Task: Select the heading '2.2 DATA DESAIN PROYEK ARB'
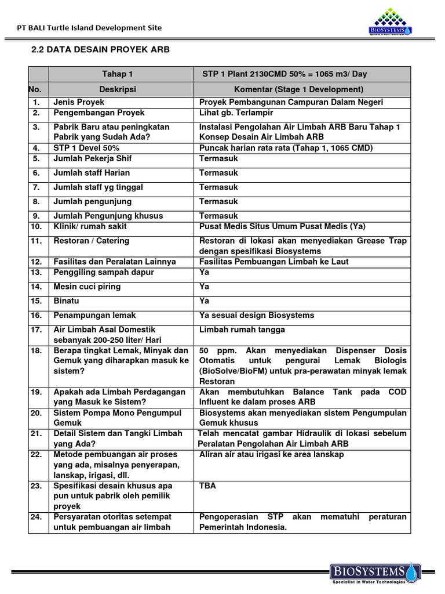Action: point(100,50)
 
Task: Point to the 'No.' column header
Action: point(37,89)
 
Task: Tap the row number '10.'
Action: point(37,226)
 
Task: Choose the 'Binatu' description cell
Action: point(66,301)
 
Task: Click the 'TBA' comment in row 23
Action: point(207,486)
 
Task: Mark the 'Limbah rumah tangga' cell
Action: point(242,329)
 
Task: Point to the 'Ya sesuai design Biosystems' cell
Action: point(257,315)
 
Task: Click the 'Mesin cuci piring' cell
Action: point(87,287)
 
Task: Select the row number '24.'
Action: point(37,516)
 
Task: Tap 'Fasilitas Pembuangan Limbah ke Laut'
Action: point(273,262)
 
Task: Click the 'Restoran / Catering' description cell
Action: point(91,241)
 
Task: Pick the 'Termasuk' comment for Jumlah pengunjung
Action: point(218,202)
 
